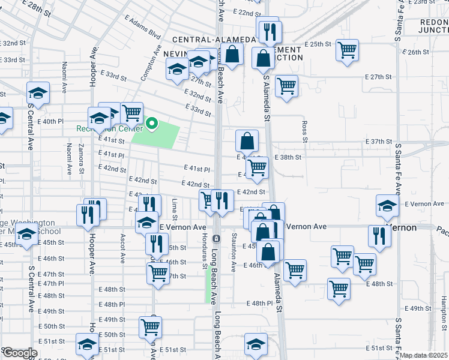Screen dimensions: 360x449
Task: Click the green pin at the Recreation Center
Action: [152, 124]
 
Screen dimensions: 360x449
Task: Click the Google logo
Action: [19, 353]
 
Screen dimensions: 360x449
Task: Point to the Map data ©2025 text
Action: [424, 355]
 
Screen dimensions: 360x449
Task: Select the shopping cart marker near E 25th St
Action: [347, 50]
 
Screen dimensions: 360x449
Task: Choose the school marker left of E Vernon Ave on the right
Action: [387, 205]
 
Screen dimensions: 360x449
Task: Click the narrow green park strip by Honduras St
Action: [209, 286]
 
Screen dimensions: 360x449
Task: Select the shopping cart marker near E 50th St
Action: [149, 328]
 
